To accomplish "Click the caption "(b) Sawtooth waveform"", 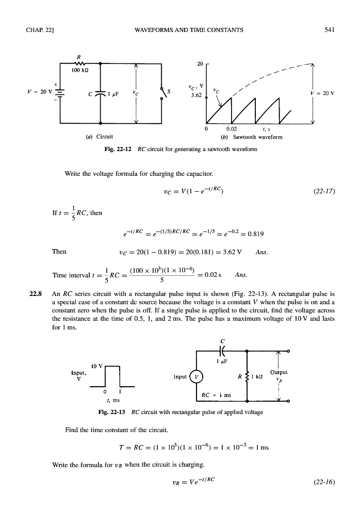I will (x=257, y=137).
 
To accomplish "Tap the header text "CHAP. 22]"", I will (x=36, y=30).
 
